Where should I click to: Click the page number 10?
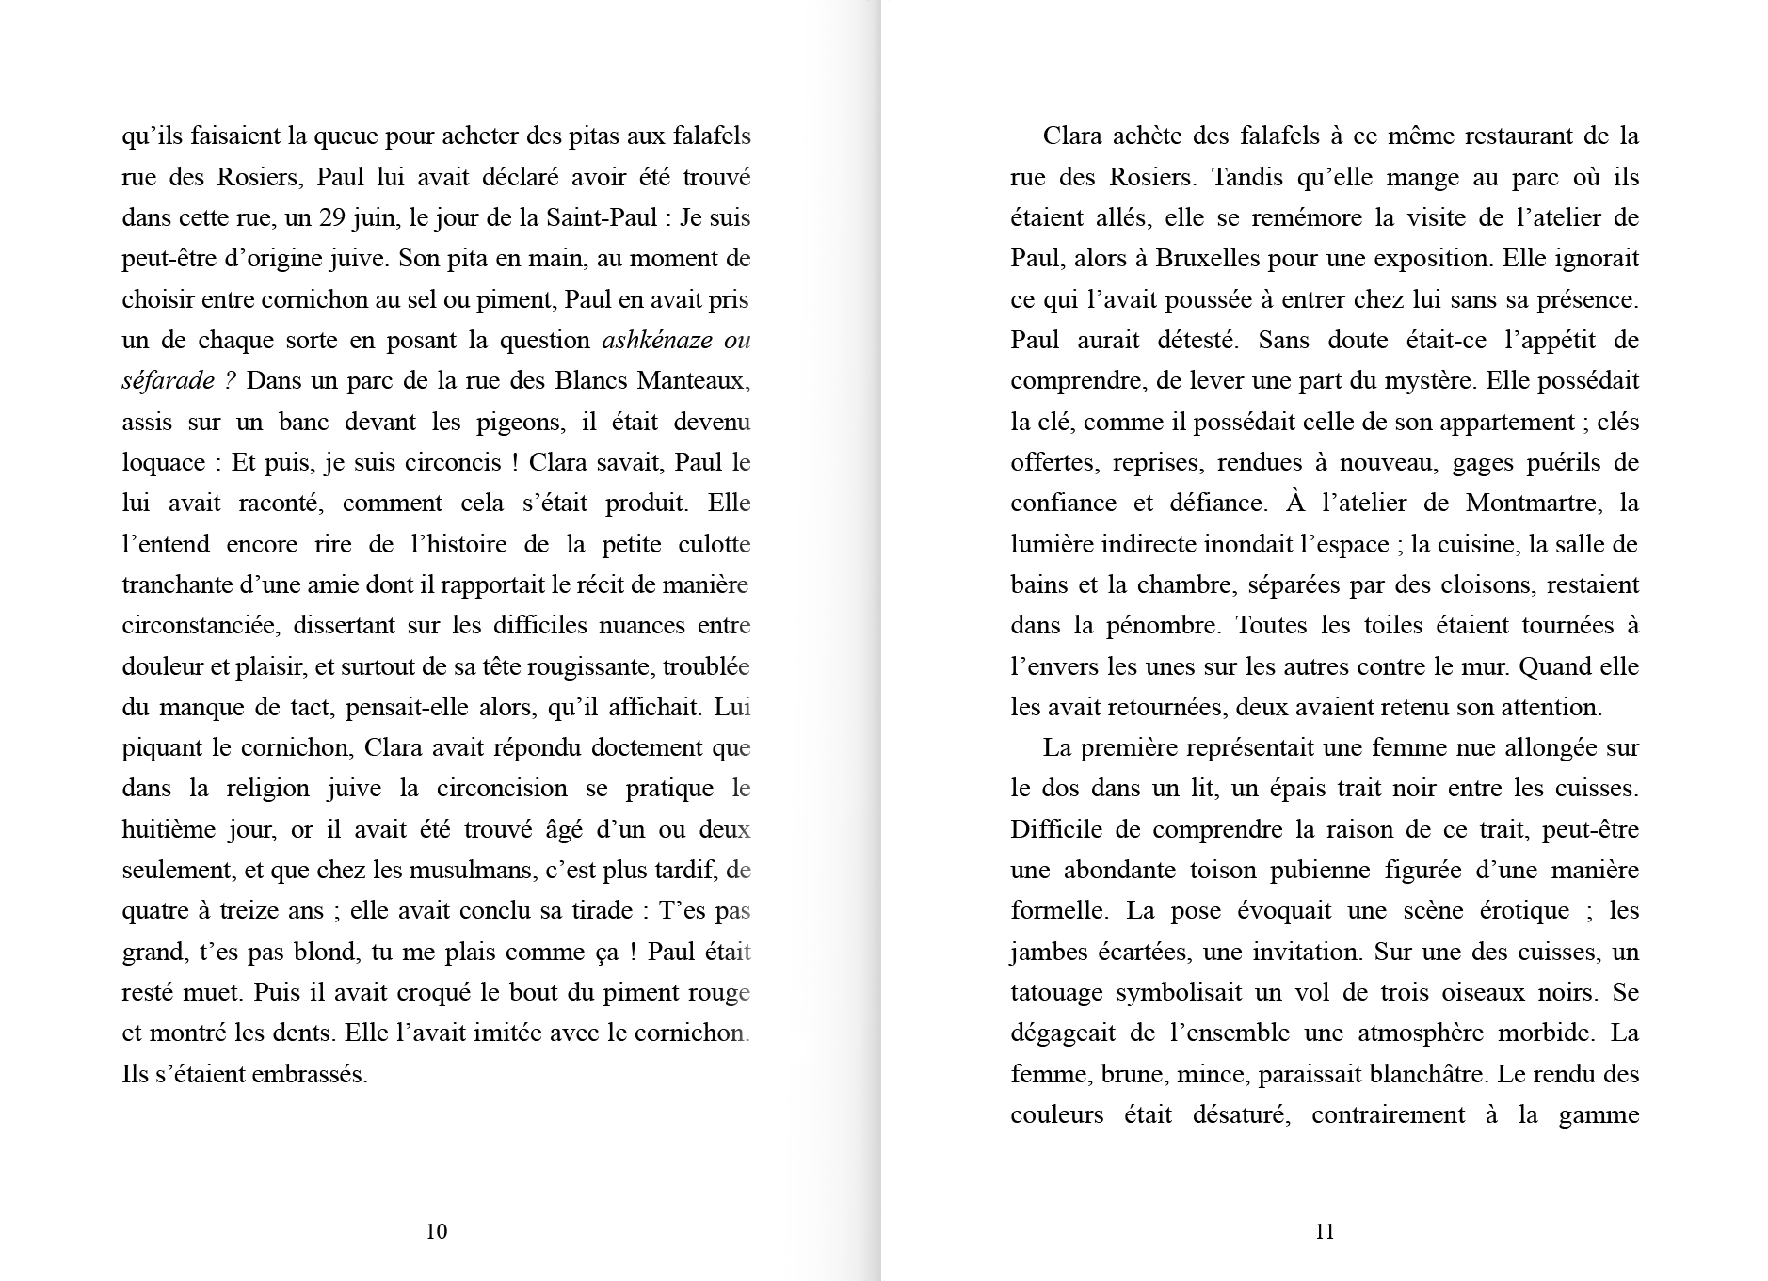tap(436, 1231)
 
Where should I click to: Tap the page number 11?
tap(1324, 1231)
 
